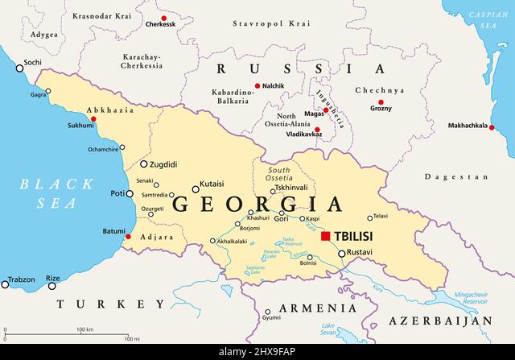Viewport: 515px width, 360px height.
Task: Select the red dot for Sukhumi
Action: coord(94,119)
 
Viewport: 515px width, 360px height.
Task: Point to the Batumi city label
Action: coord(113,231)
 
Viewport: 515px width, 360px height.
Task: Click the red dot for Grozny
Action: coord(381,100)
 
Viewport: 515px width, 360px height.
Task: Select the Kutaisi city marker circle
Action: coord(195,190)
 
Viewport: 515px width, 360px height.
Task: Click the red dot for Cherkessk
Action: coord(164,18)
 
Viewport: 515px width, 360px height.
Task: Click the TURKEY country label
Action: coord(105,304)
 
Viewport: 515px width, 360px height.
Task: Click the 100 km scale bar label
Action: coord(84,329)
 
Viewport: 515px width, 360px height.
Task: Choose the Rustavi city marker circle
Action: coord(341,254)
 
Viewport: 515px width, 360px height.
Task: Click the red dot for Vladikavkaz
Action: coord(317,130)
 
